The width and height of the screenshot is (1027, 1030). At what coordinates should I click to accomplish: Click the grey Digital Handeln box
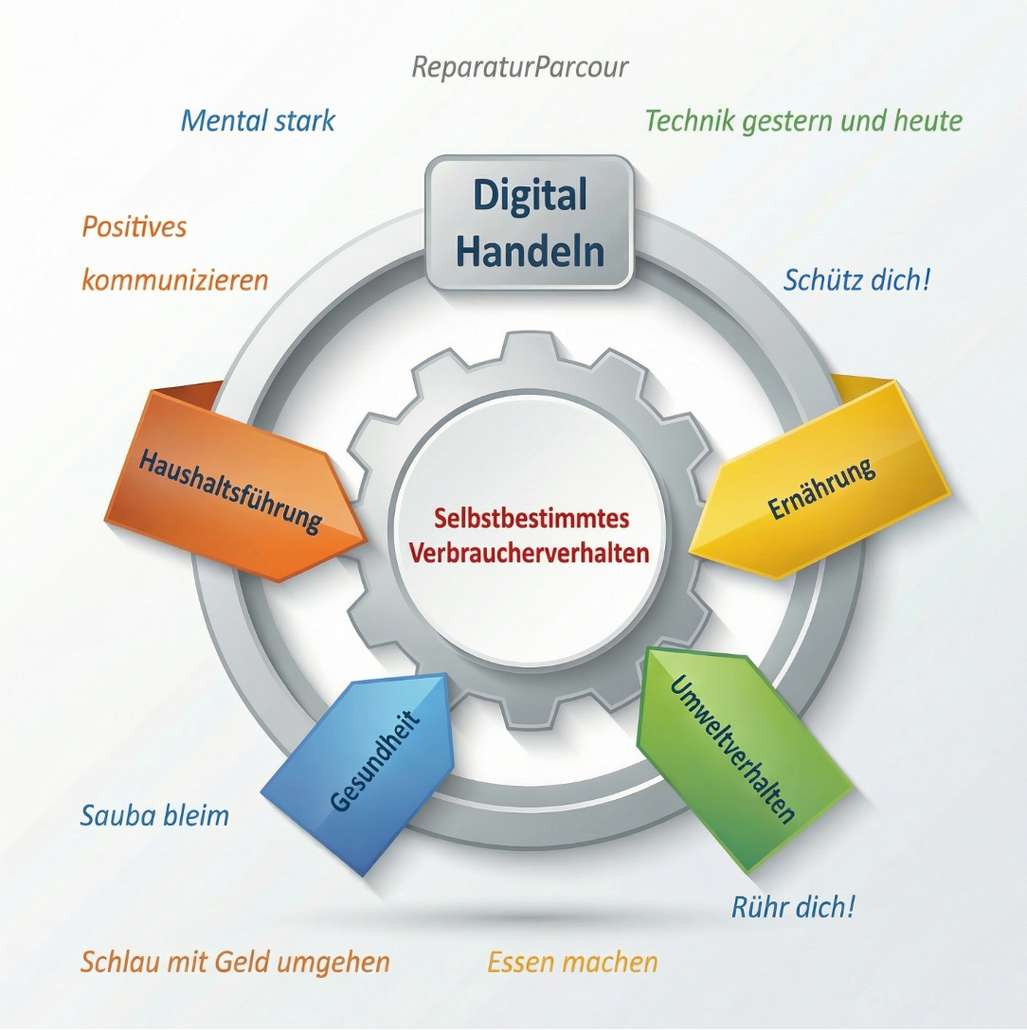click(x=529, y=223)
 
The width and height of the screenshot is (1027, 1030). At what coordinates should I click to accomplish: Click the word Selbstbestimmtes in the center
click(x=532, y=520)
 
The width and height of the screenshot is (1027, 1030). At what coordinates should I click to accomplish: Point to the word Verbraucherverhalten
click(x=530, y=553)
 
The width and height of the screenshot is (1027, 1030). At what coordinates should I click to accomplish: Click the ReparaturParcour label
click(x=520, y=67)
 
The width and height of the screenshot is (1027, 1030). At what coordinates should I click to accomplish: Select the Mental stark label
click(x=258, y=121)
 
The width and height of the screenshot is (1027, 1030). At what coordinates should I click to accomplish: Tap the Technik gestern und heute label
click(x=803, y=121)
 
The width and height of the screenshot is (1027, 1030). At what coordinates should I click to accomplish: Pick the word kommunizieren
click(x=175, y=280)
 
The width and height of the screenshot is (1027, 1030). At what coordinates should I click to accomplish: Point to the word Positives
click(x=134, y=227)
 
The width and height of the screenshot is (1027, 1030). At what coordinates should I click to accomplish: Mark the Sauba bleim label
click(x=154, y=815)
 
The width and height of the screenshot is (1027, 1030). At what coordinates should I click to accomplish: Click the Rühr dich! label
click(x=794, y=907)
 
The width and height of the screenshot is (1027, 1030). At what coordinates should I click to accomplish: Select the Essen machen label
click(x=572, y=963)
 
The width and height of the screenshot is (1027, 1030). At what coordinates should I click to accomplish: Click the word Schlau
click(x=117, y=963)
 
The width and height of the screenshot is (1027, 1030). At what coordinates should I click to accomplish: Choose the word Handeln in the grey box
click(x=530, y=252)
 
